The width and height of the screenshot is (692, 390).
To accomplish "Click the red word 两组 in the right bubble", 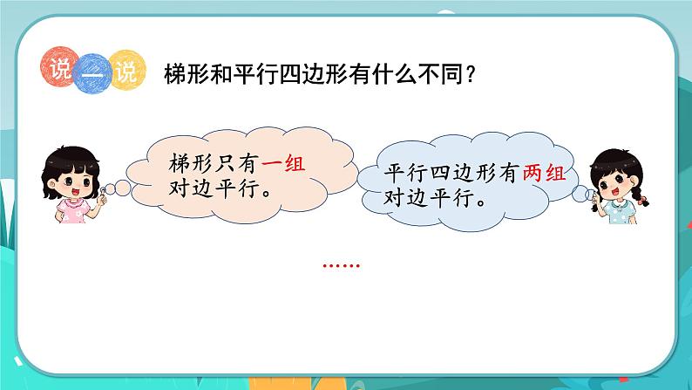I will point(545,174).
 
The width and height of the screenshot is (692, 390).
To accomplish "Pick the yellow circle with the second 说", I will point(123,70).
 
